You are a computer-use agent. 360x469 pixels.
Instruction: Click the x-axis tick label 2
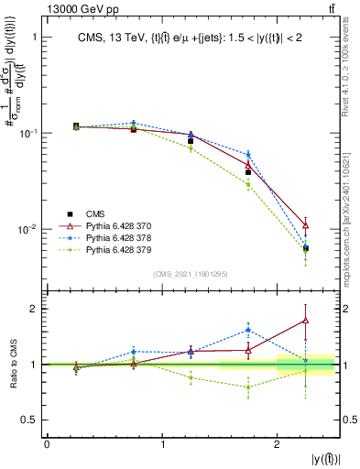click(x=278, y=444)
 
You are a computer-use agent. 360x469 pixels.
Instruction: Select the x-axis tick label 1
click(x=162, y=444)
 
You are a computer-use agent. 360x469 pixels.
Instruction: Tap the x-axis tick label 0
click(x=47, y=444)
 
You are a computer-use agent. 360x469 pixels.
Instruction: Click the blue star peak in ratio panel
click(x=248, y=330)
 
